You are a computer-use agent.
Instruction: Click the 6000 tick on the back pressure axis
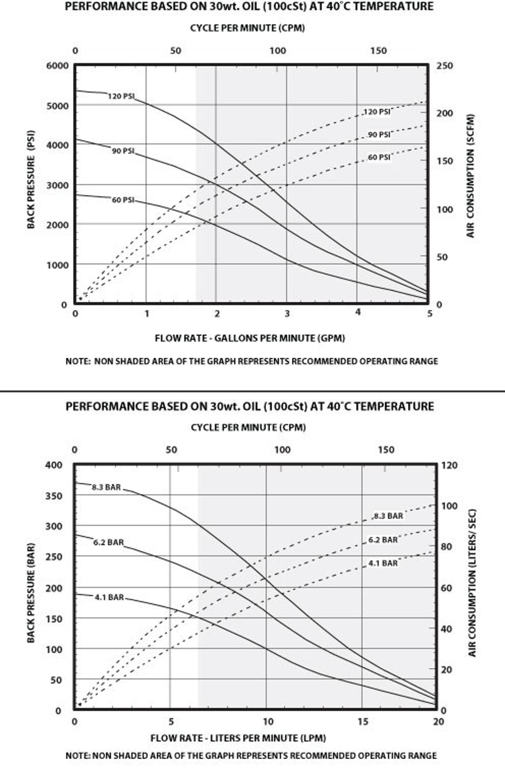tap(57, 66)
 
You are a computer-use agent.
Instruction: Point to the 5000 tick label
tap(57, 106)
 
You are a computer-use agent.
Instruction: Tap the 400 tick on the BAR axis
tap(54, 465)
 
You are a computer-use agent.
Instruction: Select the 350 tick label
tap(54, 496)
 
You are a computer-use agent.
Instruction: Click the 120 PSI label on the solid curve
tap(121, 96)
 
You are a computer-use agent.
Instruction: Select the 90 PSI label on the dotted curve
tap(379, 135)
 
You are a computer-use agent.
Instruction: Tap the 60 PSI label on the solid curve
tap(123, 200)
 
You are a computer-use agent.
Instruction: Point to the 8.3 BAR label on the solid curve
tap(106, 487)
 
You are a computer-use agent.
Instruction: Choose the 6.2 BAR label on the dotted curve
tap(383, 540)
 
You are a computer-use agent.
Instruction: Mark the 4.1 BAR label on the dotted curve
tap(383, 564)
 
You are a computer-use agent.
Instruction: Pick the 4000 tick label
tap(57, 145)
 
